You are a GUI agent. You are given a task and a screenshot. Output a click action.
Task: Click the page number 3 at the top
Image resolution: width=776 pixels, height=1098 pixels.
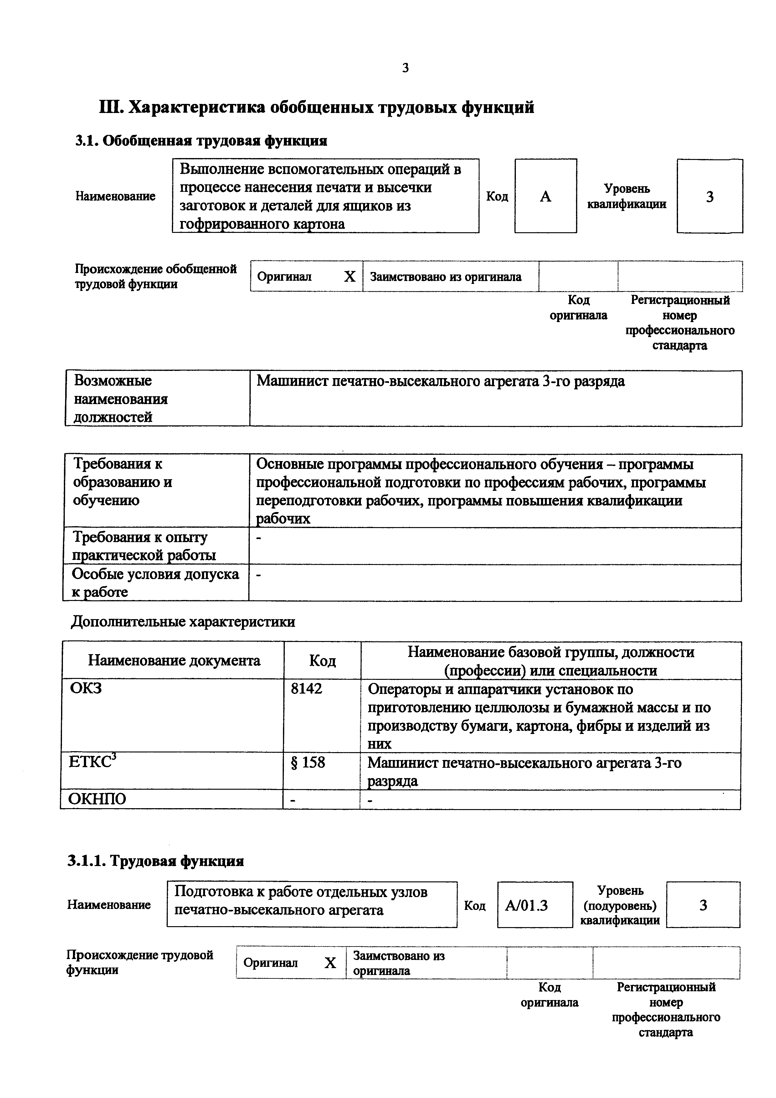click(405, 68)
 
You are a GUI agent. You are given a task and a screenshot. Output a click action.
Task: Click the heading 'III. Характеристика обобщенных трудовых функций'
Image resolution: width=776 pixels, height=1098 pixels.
click(316, 107)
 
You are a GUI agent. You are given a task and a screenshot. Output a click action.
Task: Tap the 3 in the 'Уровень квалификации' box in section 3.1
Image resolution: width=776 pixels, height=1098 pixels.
click(710, 197)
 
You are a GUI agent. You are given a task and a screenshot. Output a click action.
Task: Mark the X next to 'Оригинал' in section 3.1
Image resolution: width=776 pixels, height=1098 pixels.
click(350, 276)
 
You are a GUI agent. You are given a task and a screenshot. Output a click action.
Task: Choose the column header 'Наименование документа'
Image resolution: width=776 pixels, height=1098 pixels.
click(174, 661)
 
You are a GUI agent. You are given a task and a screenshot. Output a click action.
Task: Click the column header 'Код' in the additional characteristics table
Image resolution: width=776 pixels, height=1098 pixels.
click(322, 661)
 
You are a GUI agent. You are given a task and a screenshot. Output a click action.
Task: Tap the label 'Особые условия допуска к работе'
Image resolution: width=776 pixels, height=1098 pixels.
click(155, 582)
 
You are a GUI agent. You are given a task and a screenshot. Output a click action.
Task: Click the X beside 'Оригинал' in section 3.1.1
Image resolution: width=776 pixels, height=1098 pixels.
click(330, 963)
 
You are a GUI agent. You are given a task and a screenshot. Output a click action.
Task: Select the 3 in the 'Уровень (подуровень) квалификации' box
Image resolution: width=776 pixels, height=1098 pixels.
click(703, 905)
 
